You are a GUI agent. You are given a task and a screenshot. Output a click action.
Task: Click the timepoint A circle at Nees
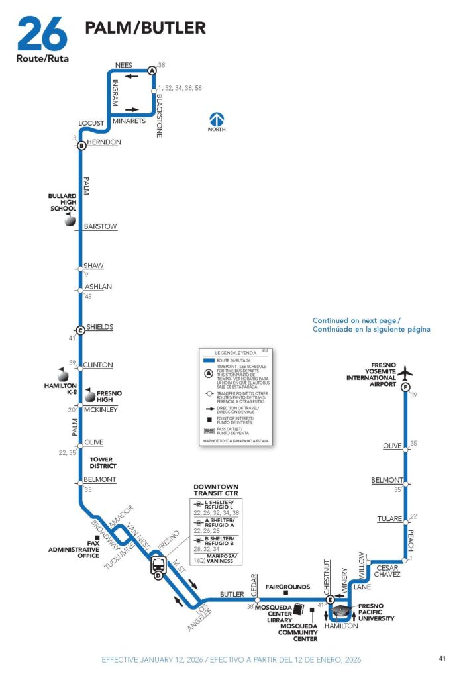pyautogui.click(x=152, y=70)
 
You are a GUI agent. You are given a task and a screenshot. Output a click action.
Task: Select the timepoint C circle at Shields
pyautogui.click(x=79, y=330)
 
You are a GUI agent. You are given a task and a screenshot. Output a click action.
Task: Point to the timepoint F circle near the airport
pyautogui.click(x=405, y=387)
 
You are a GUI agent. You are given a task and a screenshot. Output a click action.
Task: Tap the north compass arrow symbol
pyautogui.click(x=217, y=120)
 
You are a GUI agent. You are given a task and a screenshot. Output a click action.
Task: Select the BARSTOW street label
pyautogui.click(x=100, y=226)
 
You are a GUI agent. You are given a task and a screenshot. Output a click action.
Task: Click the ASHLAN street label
pyautogui.click(x=99, y=287)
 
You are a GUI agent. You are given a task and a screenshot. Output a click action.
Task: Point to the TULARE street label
pyautogui.click(x=389, y=518)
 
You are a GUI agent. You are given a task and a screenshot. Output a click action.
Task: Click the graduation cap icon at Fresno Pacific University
pyautogui.click(x=341, y=610)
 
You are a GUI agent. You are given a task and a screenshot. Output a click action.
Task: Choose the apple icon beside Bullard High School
pyautogui.click(x=69, y=222)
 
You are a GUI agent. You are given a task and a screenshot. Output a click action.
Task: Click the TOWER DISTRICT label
pyautogui.click(x=101, y=463)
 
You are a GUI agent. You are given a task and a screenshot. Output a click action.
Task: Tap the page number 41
pyautogui.click(x=442, y=658)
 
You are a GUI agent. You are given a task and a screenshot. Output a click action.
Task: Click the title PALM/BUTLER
pyautogui.click(x=145, y=28)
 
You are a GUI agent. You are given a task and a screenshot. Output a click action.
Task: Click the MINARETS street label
pyautogui.click(x=129, y=121)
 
